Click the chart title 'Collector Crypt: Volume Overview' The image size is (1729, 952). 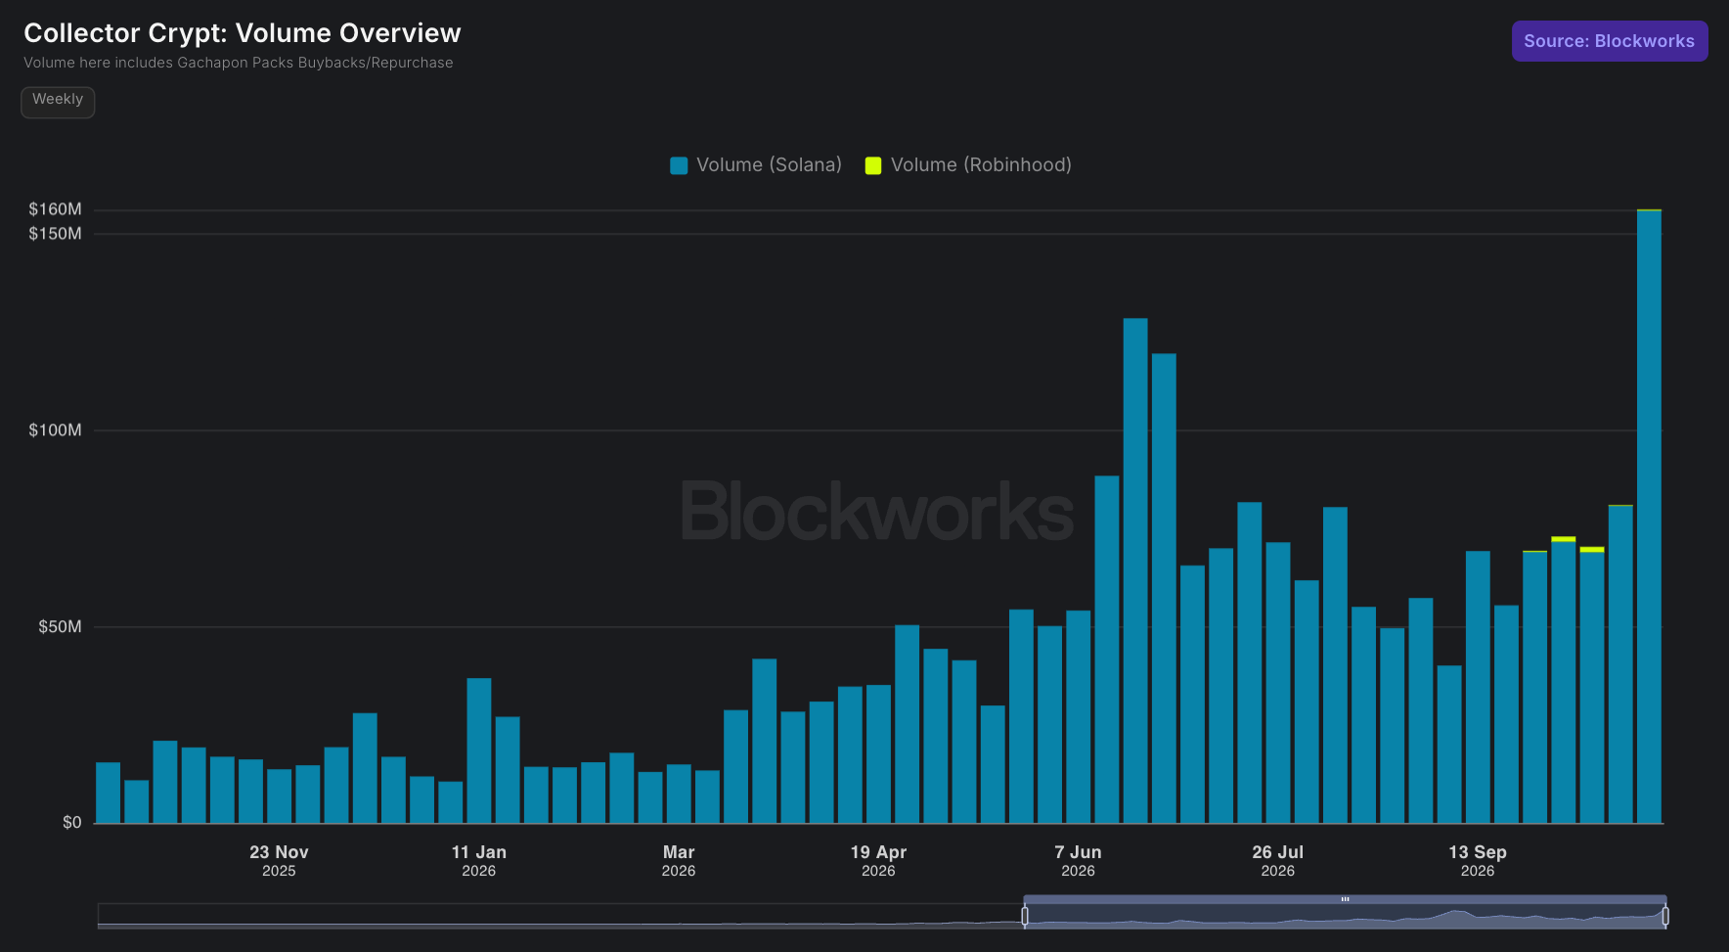click(243, 33)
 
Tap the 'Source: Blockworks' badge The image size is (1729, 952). click(1610, 41)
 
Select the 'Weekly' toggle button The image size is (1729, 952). click(58, 101)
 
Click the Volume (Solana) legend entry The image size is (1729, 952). click(756, 165)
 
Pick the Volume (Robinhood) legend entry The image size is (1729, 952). click(968, 165)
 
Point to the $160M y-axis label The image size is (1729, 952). click(55, 209)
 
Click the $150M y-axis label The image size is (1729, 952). click(55, 234)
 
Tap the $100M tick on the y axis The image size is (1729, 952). click(55, 431)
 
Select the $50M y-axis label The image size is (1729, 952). click(60, 627)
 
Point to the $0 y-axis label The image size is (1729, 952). click(72, 823)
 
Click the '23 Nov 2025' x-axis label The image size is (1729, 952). click(279, 861)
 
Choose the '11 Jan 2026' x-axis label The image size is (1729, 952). click(479, 861)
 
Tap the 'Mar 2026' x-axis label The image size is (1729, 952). click(679, 861)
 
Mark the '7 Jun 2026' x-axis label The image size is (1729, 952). click(1078, 861)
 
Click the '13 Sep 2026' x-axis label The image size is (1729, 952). click(1478, 861)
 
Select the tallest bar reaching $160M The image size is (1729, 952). click(1649, 517)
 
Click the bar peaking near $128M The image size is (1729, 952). click(1135, 570)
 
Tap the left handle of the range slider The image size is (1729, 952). click(1025, 916)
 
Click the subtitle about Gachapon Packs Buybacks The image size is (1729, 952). click(239, 63)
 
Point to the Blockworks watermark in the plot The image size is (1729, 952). click(877, 511)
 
